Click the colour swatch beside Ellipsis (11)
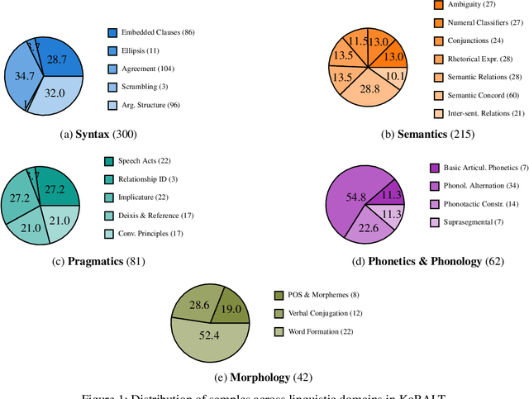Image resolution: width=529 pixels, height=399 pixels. point(112,51)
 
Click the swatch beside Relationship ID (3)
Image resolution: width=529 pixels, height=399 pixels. point(109,178)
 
